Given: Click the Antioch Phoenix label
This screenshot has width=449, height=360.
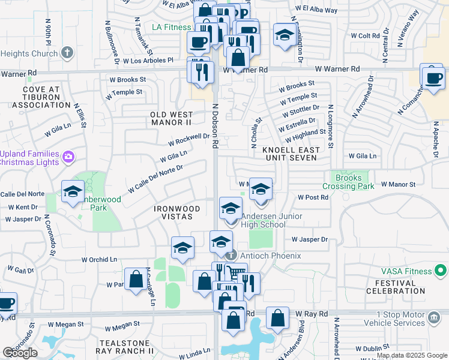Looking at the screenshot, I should [x=264, y=255].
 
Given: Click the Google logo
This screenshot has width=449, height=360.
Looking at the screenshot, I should [x=20, y=353].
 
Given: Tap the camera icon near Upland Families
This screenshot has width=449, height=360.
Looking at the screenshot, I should [x=68, y=157].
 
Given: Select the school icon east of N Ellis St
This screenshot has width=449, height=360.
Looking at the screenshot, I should [x=73, y=191].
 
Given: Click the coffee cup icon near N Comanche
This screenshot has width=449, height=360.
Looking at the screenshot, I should [x=432, y=77].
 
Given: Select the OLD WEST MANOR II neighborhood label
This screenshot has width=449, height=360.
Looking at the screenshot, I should [x=172, y=119].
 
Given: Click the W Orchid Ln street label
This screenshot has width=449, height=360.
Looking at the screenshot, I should [x=99, y=259].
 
